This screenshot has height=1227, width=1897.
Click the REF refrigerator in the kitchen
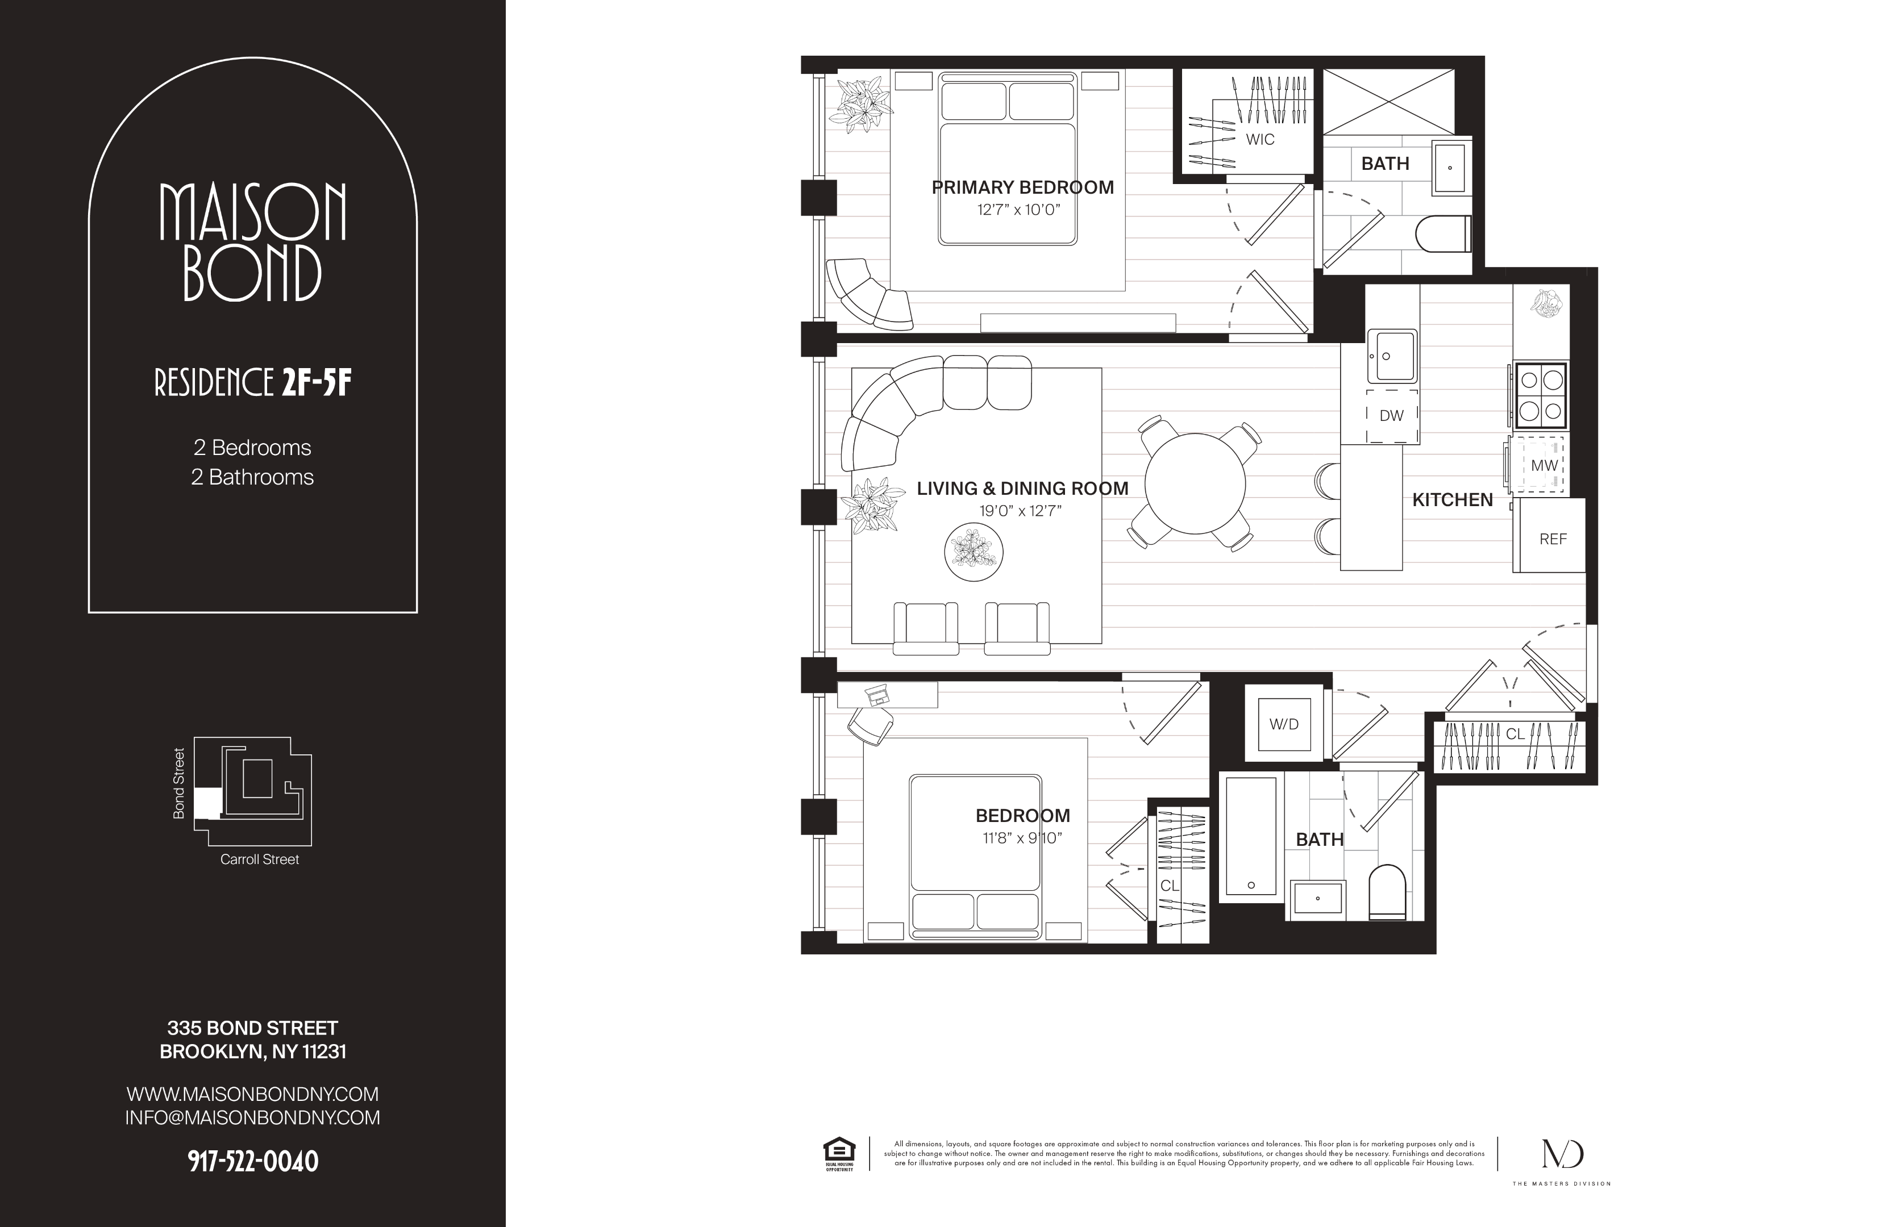click(1549, 535)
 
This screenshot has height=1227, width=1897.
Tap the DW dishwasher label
click(1392, 415)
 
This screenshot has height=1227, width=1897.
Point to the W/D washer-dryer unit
click(1284, 724)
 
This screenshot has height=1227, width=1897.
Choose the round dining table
click(1195, 483)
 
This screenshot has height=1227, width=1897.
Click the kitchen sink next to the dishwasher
click(1392, 356)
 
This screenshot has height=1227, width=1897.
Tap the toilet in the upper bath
click(1443, 234)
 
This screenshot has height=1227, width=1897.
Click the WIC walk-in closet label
click(1260, 139)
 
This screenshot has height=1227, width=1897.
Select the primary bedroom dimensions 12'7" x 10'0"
click(1018, 210)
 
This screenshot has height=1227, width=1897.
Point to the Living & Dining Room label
click(1022, 489)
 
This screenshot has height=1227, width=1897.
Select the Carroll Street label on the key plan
click(259, 859)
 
